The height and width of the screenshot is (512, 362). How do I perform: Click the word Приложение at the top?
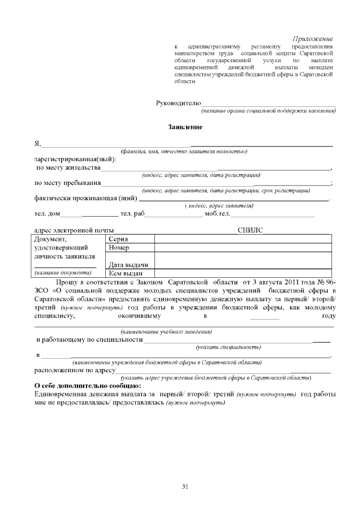pyautogui.click(x=313, y=38)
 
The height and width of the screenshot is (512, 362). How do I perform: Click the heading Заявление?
pyautogui.click(x=185, y=127)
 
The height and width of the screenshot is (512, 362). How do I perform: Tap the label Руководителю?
pyautogui.click(x=178, y=102)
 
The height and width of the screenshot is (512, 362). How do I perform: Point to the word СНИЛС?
pyautogui.click(x=249, y=230)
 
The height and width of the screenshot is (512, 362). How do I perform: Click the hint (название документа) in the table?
pyautogui.click(x=63, y=273)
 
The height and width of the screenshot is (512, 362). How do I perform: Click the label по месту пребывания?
pyautogui.click(x=68, y=183)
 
